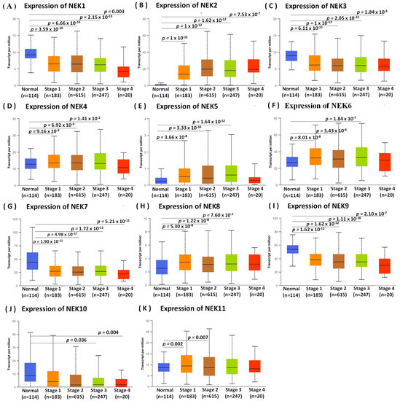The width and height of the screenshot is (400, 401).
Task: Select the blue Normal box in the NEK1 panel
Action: coord(31,54)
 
